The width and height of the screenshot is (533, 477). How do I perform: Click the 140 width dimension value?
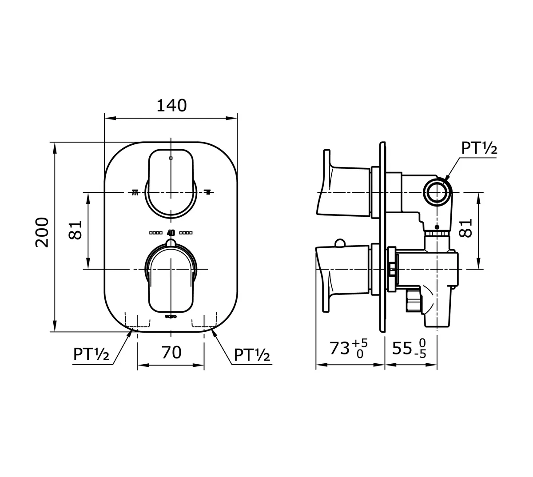(171, 105)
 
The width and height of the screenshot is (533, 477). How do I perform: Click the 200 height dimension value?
(42, 232)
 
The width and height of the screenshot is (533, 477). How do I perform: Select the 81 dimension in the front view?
(77, 230)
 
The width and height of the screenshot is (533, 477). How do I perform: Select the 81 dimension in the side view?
(465, 228)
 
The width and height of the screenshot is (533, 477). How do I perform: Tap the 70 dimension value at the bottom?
(171, 352)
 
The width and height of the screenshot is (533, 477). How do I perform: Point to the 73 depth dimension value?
(339, 349)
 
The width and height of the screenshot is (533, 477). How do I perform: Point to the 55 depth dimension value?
(402, 349)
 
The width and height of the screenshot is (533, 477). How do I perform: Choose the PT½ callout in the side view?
(479, 147)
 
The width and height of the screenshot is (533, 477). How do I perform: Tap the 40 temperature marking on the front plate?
(171, 232)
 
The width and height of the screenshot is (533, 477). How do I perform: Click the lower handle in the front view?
(171, 280)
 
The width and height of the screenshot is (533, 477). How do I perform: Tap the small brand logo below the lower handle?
(171, 317)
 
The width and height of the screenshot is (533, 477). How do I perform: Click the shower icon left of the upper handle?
(135, 192)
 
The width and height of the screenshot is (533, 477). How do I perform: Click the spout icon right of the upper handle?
(207, 192)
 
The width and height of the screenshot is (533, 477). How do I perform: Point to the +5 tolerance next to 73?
(360, 343)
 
